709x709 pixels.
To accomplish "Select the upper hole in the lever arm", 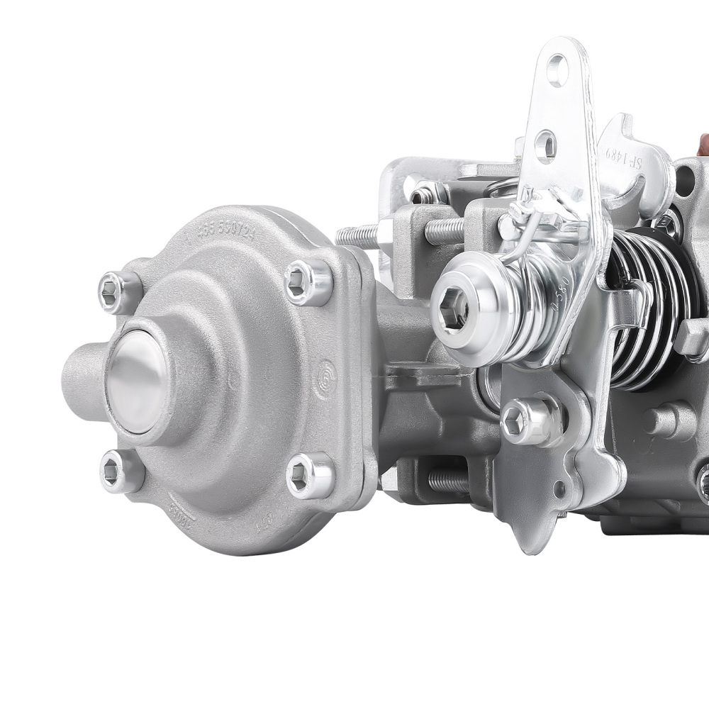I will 557,70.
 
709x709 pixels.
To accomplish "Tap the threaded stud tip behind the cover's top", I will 354,235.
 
